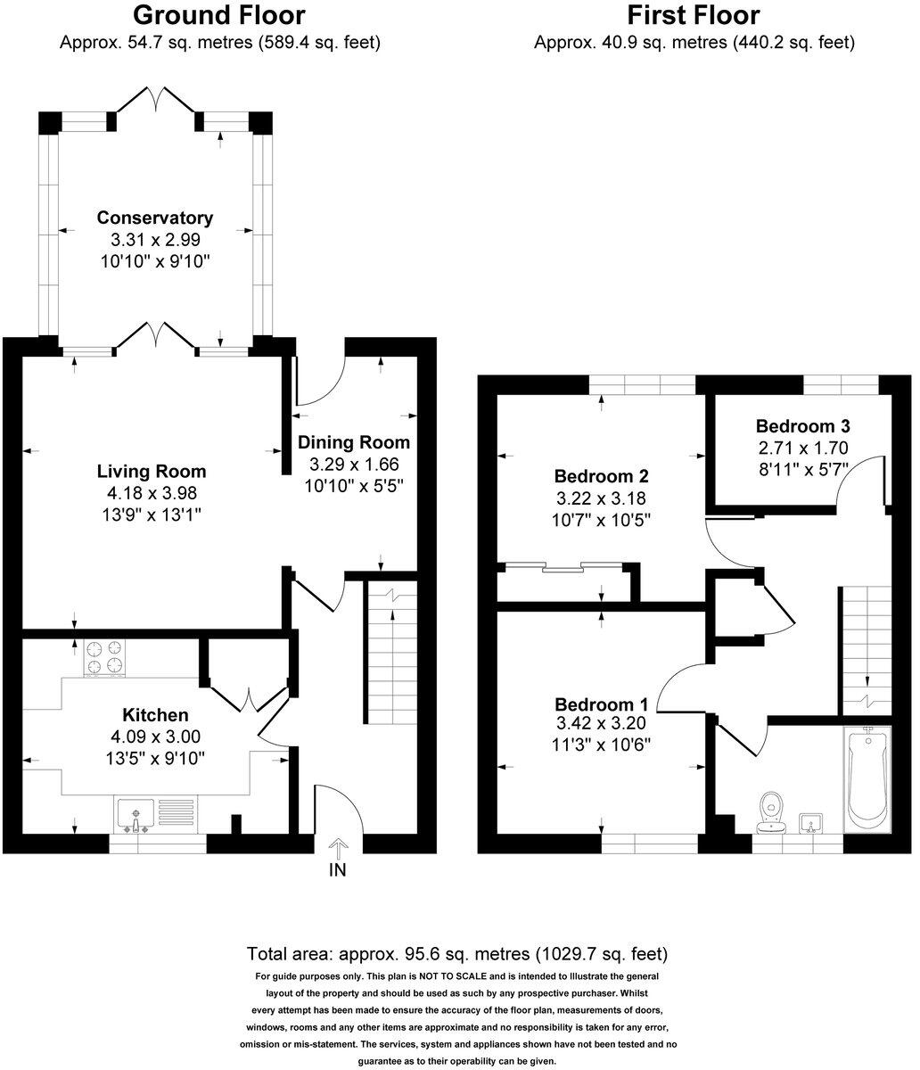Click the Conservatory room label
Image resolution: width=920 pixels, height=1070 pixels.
tap(155, 218)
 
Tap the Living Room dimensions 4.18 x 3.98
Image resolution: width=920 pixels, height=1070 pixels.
tap(151, 493)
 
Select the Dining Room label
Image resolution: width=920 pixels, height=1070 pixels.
tap(354, 442)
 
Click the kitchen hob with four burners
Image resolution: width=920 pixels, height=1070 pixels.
tap(104, 658)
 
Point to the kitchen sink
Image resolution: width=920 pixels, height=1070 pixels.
tap(135, 814)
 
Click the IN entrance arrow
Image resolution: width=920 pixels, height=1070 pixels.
tap(338, 848)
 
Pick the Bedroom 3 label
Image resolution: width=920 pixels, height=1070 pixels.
tap(802, 425)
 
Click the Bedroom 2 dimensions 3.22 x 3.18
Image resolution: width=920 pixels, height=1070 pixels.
tap(602, 498)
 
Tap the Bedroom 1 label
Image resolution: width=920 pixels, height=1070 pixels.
tap(602, 702)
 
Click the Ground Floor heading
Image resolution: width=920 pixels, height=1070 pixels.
tap(219, 15)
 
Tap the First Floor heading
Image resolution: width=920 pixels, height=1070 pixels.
tap(693, 15)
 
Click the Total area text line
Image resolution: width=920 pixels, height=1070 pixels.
tap(456, 953)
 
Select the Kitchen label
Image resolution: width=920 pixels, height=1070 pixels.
tap(155, 714)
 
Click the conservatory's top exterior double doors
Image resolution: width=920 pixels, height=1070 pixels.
tap(156, 100)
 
